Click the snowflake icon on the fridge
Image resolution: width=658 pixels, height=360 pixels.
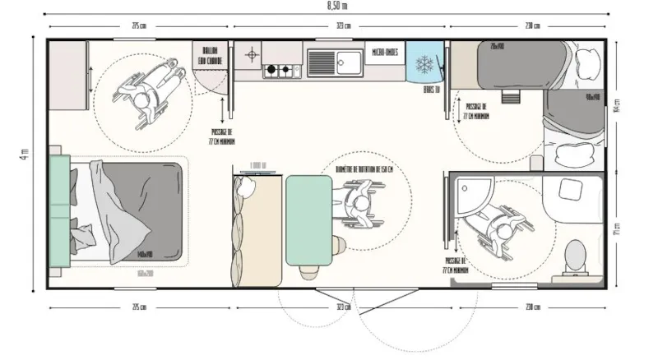click(424, 63)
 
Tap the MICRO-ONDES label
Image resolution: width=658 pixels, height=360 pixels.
click(384, 52)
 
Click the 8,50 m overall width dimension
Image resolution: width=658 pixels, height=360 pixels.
click(328, 7)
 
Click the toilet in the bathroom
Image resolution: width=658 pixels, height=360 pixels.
click(575, 256)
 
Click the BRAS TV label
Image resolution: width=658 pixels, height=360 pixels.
click(429, 88)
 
